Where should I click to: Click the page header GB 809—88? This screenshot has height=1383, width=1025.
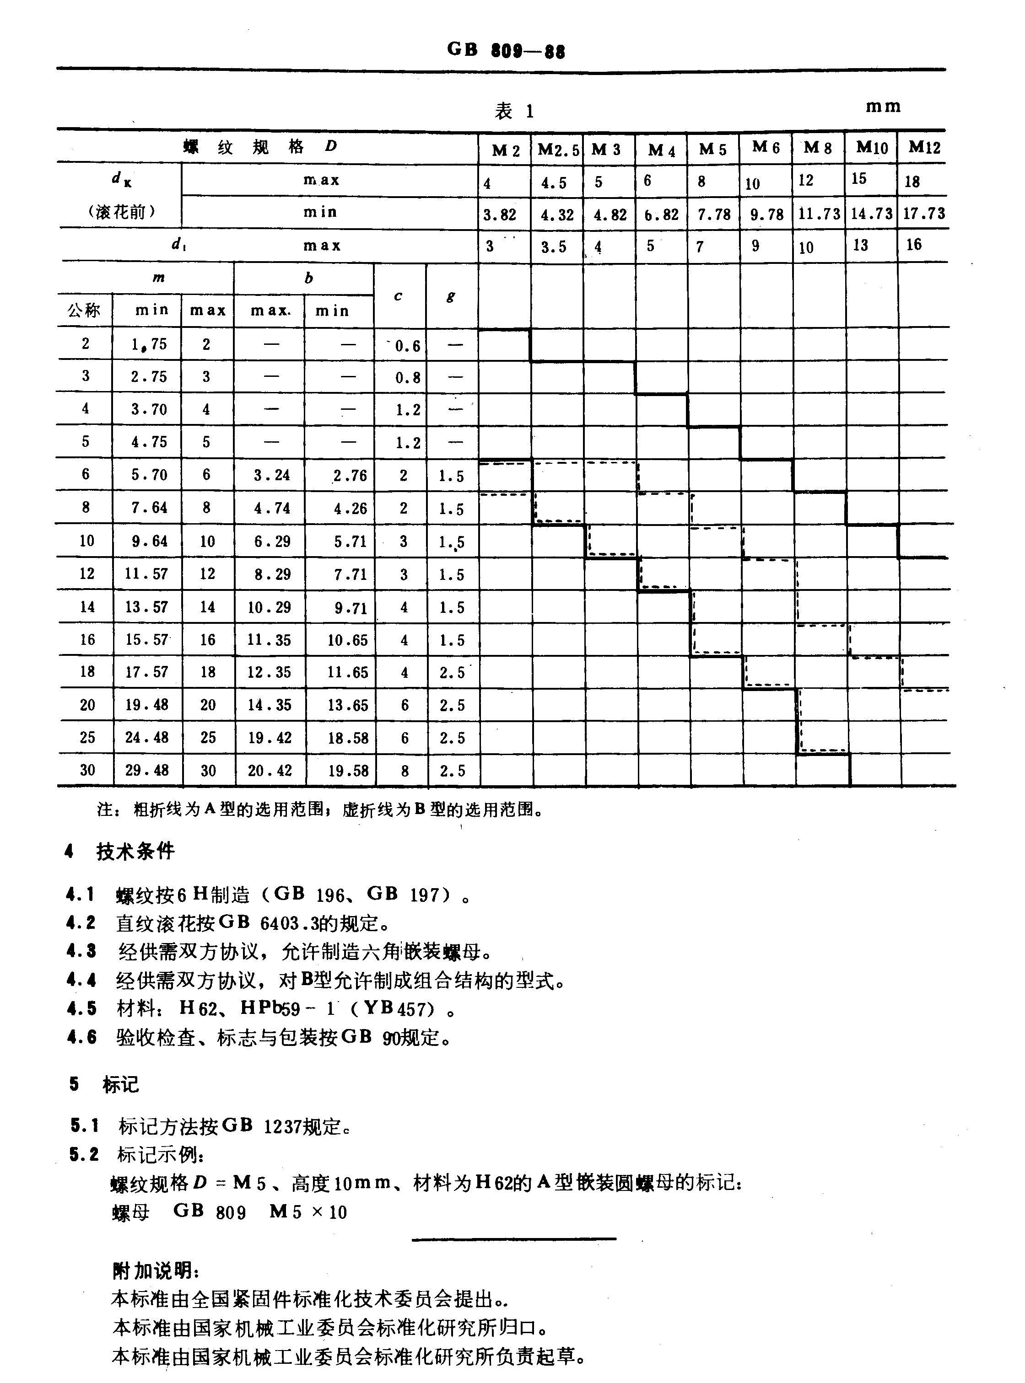point(506,50)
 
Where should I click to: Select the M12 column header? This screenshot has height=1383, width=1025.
point(924,148)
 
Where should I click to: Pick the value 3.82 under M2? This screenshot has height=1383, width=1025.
point(500,214)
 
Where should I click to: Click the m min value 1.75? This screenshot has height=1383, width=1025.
point(149,344)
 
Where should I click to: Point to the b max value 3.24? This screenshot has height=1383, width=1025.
point(269,475)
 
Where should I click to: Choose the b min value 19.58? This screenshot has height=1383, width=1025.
point(348,771)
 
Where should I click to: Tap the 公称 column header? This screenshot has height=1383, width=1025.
point(84,310)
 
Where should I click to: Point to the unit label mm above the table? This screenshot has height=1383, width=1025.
point(883,107)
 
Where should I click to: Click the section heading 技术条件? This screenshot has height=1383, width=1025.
point(135,851)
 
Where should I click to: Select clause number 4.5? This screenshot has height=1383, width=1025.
point(82,1008)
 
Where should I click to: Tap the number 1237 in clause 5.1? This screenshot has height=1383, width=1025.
point(283,1126)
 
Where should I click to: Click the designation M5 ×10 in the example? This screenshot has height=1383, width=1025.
point(308,1212)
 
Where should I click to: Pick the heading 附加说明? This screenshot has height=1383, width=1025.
point(155,1271)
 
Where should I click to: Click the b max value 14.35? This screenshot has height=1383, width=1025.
point(269,705)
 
